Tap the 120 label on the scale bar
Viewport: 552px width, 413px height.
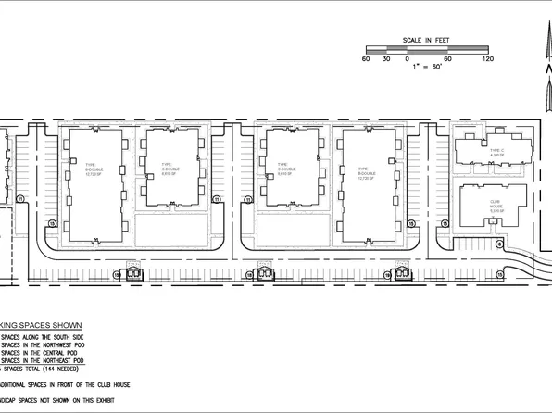coord(488,60)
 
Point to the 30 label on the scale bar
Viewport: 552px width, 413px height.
coord(386,60)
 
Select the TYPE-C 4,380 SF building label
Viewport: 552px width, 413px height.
coord(496,152)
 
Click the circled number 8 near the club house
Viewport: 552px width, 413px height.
coord(498,244)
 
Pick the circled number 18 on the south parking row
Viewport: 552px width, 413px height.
coord(118,274)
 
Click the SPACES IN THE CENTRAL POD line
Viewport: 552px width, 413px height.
coord(42,352)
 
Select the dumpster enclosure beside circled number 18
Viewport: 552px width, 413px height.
coord(133,273)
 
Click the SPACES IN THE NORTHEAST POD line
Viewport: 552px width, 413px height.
coord(47,358)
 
